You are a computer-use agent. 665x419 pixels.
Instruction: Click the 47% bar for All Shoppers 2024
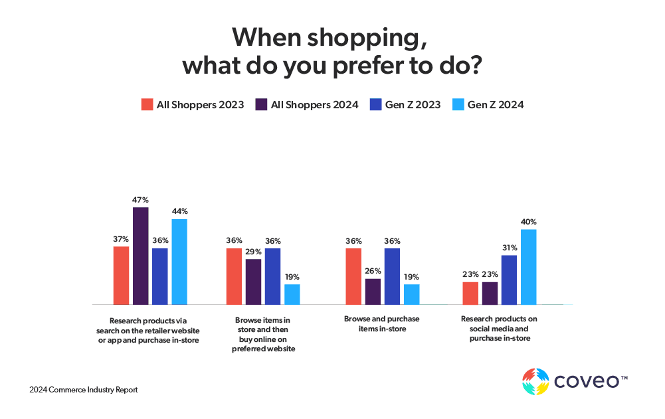(140, 256)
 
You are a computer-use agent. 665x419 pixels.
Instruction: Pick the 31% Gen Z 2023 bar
(509, 280)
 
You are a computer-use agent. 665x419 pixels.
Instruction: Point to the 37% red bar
(121, 275)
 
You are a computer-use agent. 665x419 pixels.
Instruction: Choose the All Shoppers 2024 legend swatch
(261, 104)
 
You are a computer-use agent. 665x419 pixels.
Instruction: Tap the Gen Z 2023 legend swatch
(375, 104)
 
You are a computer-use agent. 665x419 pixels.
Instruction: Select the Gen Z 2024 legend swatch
(458, 104)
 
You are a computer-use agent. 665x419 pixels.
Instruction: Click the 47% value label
(140, 200)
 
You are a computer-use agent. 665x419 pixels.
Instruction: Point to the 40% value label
(529, 222)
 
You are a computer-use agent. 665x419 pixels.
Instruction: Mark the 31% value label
(509, 248)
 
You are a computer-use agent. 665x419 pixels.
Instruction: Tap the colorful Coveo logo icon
(535, 382)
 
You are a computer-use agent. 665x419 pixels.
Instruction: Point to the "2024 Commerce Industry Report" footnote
(84, 390)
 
